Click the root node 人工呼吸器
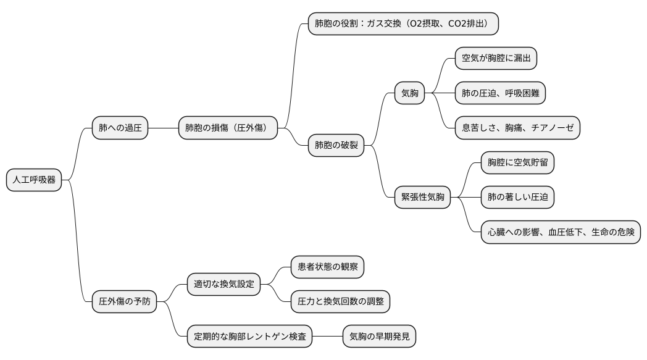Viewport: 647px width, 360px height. (34, 180)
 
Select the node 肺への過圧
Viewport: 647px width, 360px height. (120, 128)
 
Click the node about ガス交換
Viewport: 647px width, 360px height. (403, 24)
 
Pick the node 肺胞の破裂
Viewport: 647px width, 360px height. (336, 146)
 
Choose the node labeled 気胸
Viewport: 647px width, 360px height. (409, 94)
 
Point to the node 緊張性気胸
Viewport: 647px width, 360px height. (422, 198)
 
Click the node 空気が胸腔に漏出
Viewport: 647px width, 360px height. (496, 59)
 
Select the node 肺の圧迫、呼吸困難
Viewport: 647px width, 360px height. (500, 94)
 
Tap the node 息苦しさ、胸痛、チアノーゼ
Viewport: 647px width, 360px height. (517, 128)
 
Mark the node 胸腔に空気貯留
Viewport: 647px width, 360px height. (517, 163)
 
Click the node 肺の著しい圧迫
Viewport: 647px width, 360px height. (517, 198)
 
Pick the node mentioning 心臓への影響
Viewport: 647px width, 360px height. (561, 232)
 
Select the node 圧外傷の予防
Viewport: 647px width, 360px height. (124, 302)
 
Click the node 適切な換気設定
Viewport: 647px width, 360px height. (223, 285)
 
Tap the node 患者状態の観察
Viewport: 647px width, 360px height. (327, 267)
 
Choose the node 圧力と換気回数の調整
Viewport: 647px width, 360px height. (340, 302)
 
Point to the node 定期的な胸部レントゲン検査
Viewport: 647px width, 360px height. (249, 337)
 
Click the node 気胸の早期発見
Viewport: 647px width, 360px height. (379, 337)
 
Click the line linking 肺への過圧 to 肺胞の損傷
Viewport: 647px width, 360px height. (163, 128)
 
